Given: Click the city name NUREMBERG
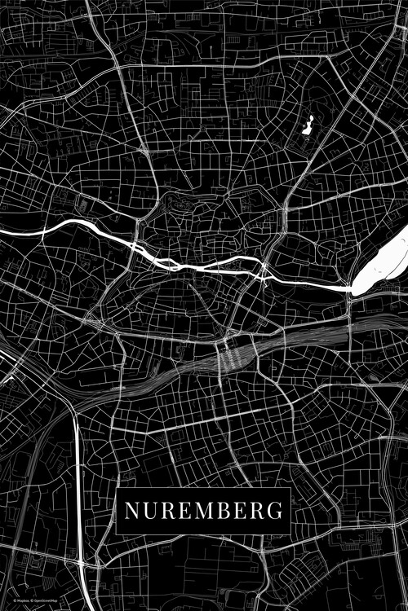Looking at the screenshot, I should (x=204, y=511).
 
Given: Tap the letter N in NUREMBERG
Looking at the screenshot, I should (x=131, y=511).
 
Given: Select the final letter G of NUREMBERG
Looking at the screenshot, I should (x=275, y=511).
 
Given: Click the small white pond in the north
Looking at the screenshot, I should (x=308, y=126).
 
